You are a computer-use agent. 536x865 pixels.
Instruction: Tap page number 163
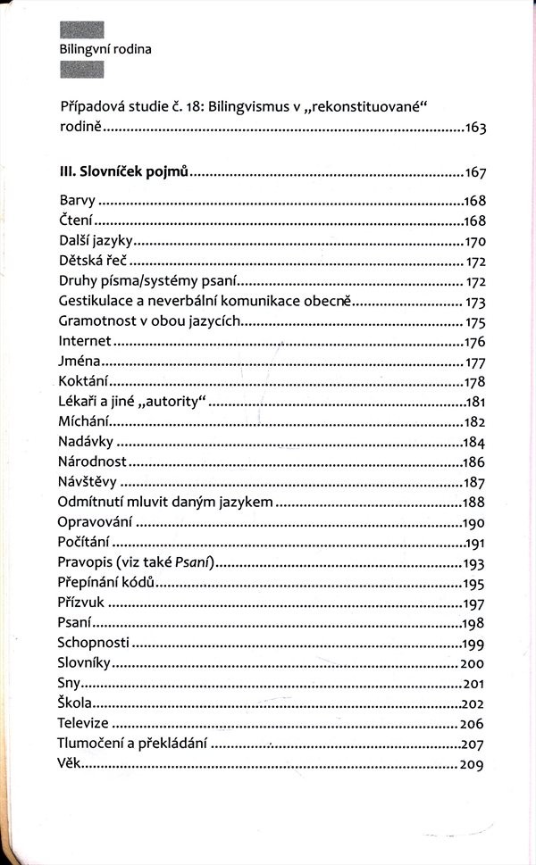tap(474, 129)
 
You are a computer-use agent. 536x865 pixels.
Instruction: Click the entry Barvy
tap(77, 201)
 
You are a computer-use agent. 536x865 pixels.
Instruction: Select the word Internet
tap(84, 341)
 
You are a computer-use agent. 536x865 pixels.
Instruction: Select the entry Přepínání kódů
tap(107, 582)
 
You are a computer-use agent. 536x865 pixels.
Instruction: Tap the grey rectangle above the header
tap(81, 29)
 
